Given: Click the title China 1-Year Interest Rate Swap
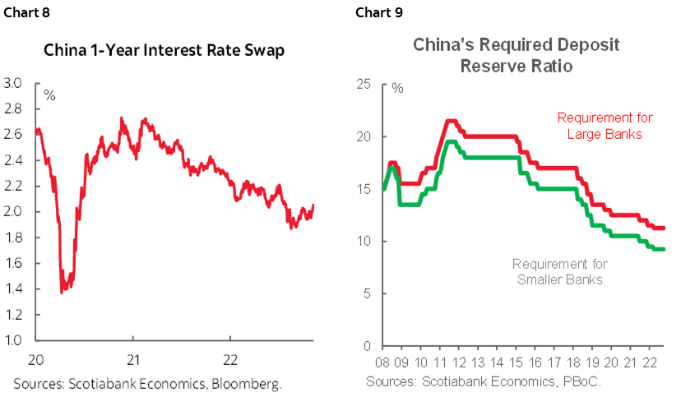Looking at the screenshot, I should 164,52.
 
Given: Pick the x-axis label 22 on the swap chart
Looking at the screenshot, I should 231,359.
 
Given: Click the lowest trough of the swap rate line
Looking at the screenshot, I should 63,292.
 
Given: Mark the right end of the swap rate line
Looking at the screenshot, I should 313,205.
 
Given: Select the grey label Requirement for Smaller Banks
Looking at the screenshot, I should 559,271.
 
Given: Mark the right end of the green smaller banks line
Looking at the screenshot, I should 664,249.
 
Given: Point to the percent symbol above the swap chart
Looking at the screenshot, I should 49,96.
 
